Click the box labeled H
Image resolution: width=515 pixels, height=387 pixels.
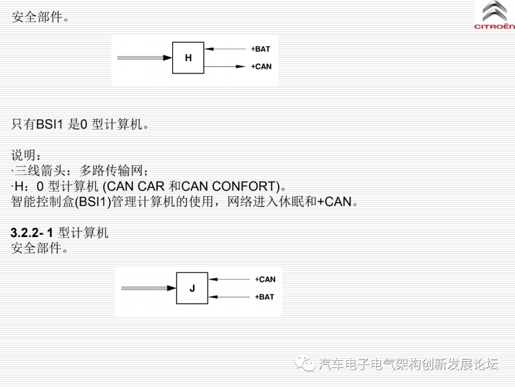[x=188, y=58]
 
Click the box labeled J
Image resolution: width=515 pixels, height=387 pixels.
[x=192, y=288]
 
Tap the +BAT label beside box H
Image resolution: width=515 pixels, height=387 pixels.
[x=260, y=49]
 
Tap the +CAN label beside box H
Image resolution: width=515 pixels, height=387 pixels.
[x=261, y=66]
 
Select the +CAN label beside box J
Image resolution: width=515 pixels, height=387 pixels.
[x=265, y=279]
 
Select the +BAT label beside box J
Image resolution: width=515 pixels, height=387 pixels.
[x=265, y=297]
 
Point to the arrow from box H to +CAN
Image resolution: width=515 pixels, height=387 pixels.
[x=225, y=66]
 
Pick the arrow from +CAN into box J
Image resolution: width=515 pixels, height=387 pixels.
[x=229, y=279]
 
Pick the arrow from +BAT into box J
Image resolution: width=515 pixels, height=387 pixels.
[x=229, y=297]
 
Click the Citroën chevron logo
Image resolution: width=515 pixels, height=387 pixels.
[x=495, y=12]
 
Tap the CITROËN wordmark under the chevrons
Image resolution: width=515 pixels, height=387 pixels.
[x=494, y=27]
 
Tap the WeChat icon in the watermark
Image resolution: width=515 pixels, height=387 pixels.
[x=304, y=364]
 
